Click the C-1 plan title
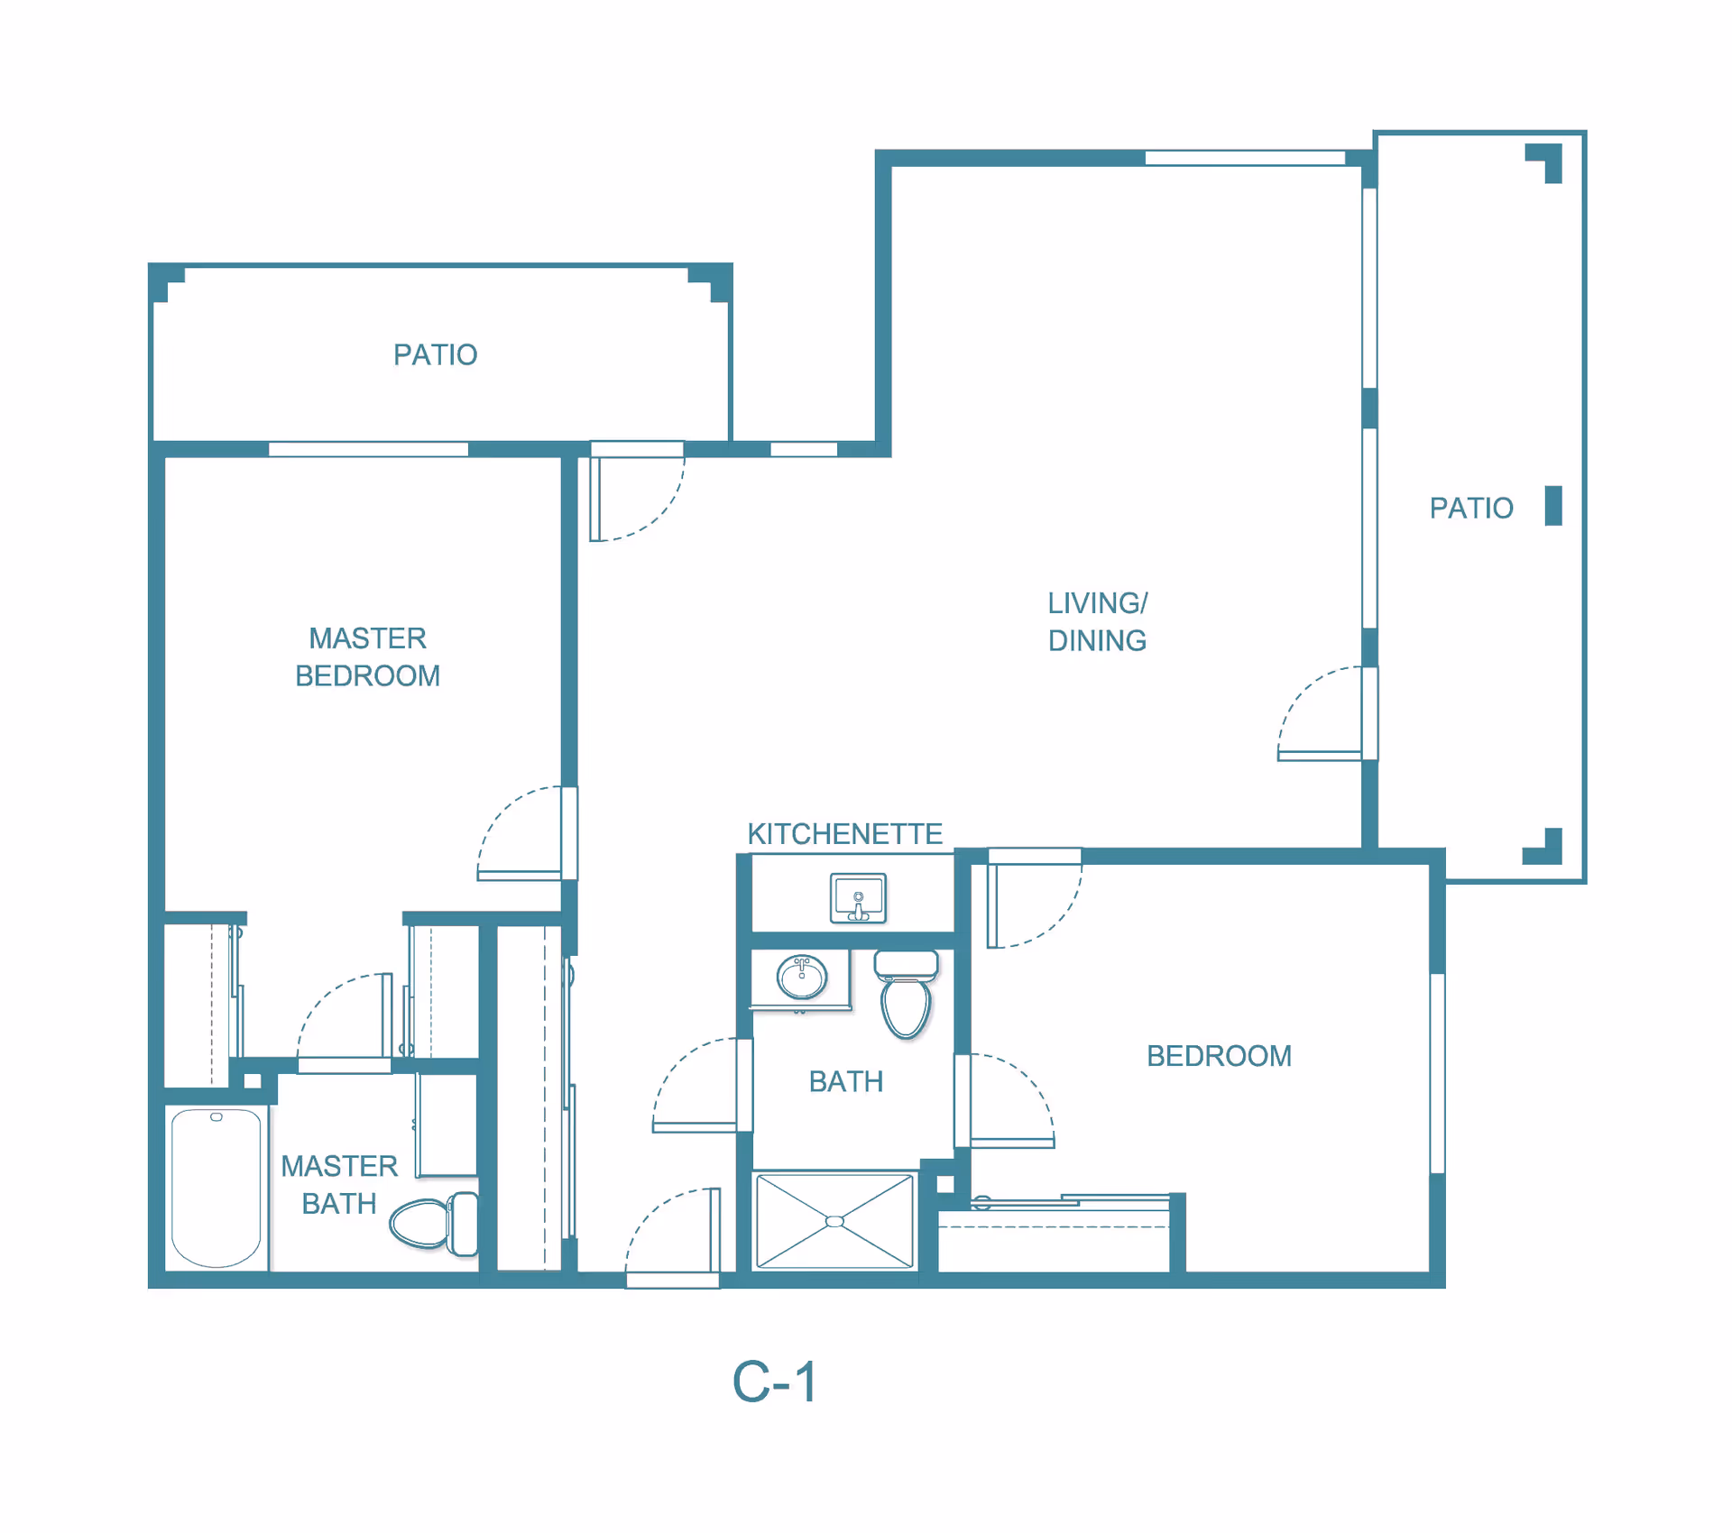coord(775,1382)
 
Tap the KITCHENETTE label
coord(845,834)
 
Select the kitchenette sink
coord(858,898)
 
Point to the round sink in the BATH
coord(801,977)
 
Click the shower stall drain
coord(835,1221)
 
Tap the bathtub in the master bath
coord(216,1188)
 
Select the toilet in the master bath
coord(434,1224)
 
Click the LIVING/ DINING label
coord(1097,622)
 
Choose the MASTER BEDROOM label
coord(368,657)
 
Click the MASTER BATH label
coord(339,1185)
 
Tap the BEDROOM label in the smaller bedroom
coord(1219,1056)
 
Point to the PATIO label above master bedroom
coord(436,355)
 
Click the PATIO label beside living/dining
coord(1471,509)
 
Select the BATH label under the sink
coord(846,1082)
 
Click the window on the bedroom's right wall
coord(1437,1073)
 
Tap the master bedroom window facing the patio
coord(368,449)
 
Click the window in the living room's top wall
coord(1245,158)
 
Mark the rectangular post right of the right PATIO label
coord(1553,505)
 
